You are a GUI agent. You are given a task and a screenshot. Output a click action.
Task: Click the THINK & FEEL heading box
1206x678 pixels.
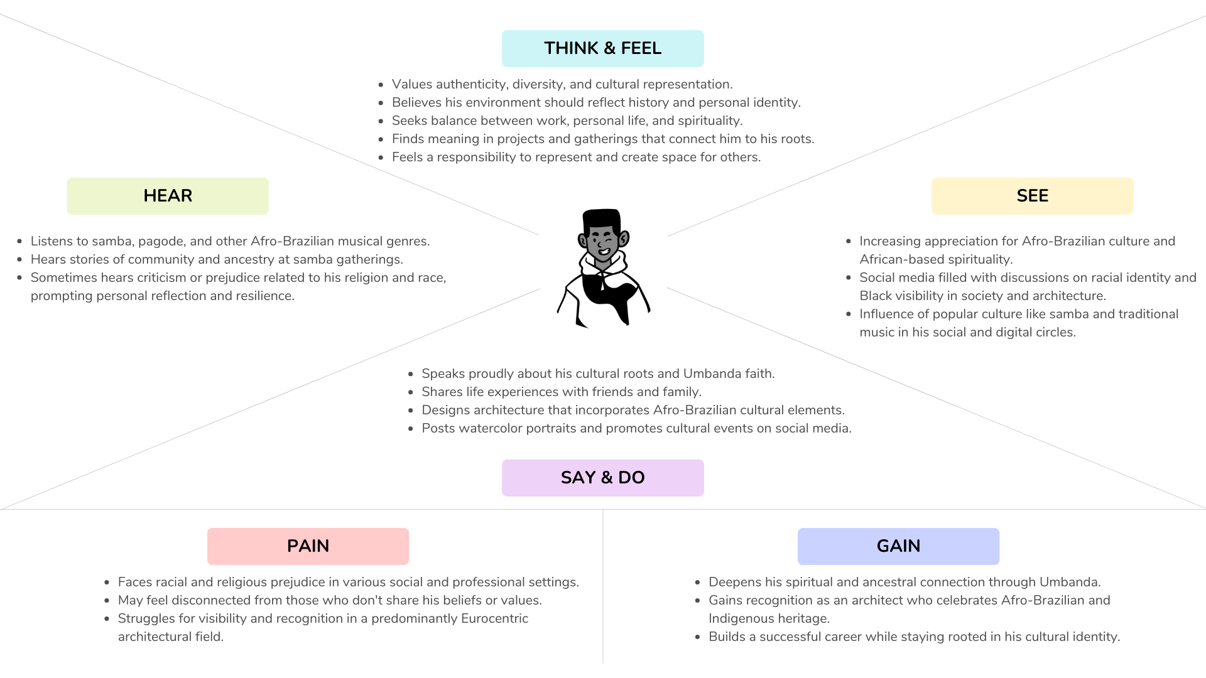(x=602, y=48)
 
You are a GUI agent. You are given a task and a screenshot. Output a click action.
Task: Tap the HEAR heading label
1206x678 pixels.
(x=168, y=196)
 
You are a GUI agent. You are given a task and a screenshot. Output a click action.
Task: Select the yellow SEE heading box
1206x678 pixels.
(x=1032, y=196)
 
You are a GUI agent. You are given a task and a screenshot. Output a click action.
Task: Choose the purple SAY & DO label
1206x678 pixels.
(x=602, y=478)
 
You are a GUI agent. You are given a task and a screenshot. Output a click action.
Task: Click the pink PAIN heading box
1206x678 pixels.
(x=308, y=546)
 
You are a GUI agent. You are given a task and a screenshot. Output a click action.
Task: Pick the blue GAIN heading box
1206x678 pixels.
(x=898, y=546)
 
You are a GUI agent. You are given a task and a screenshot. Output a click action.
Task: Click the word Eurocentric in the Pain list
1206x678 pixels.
(x=494, y=619)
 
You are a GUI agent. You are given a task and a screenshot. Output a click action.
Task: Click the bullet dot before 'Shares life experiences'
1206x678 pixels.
(x=411, y=392)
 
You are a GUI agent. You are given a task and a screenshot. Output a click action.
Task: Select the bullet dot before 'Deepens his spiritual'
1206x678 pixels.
(x=698, y=583)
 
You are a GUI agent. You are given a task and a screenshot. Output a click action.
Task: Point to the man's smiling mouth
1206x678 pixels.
(x=604, y=252)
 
